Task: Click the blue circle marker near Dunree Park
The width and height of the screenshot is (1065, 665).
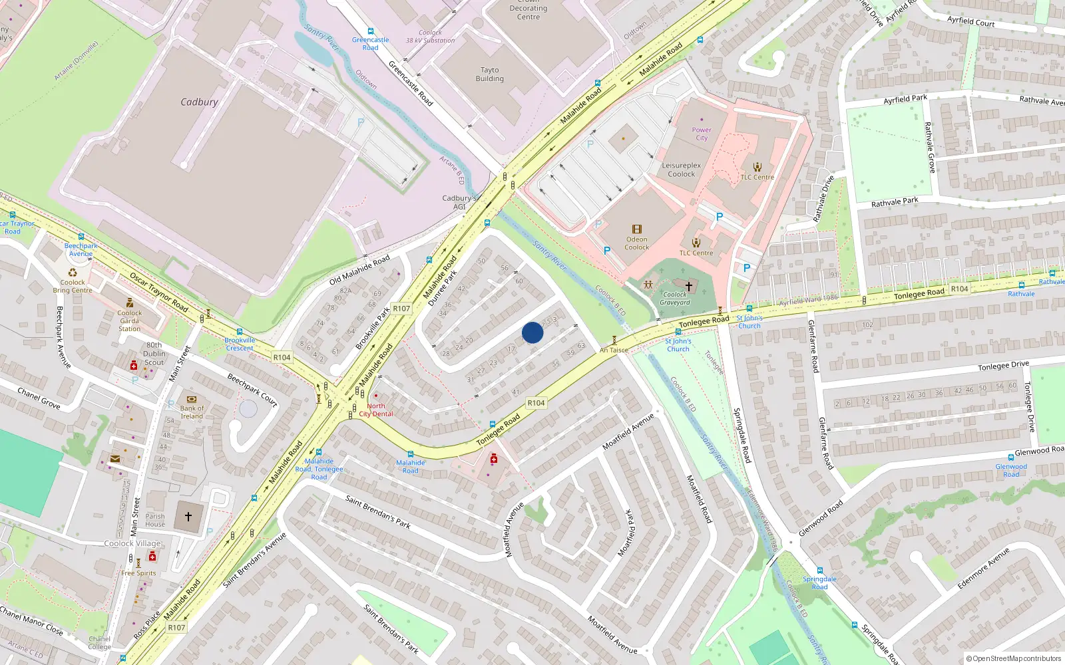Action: point(532,332)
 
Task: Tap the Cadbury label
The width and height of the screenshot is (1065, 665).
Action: point(199,102)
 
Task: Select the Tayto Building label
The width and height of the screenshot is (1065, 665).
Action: point(489,74)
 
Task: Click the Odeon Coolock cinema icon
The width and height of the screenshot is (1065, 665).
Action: point(636,229)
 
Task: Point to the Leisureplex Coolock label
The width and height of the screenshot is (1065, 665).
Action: point(681,170)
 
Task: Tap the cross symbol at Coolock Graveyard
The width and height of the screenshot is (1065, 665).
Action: point(689,286)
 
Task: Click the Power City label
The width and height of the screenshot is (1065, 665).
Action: point(702,134)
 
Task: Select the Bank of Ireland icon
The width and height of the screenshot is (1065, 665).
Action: point(192,400)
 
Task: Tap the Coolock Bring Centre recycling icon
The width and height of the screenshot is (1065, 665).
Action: point(73,273)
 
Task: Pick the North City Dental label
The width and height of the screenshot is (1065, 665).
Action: point(376,410)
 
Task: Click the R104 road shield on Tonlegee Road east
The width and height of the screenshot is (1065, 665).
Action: point(959,289)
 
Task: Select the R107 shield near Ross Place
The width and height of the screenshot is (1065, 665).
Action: point(176,627)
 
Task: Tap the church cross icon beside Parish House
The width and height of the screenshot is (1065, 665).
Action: point(188,516)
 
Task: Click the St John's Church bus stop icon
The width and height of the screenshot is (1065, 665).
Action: point(678,331)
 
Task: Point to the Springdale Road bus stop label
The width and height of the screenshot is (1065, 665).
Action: point(819,583)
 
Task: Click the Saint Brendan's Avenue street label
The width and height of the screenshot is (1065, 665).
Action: point(254,559)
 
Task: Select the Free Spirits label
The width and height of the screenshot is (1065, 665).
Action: point(138,573)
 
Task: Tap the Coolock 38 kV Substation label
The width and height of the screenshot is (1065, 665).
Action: point(431,37)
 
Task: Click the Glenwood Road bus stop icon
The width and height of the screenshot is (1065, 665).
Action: point(1011,457)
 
